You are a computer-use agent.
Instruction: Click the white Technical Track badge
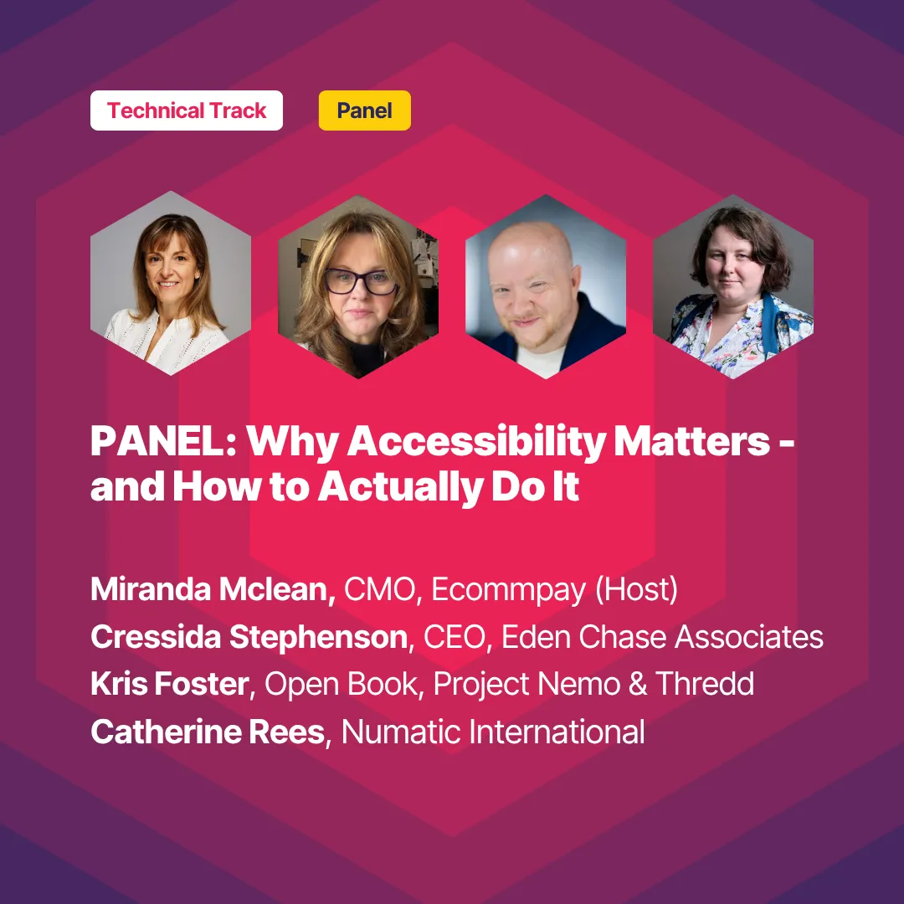[186, 110]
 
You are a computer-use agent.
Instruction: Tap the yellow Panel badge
[364, 110]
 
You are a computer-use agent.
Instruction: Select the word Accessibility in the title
[475, 442]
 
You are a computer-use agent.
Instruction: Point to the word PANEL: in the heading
[163, 441]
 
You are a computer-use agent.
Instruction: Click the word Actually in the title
[400, 488]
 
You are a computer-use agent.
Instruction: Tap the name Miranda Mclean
[213, 589]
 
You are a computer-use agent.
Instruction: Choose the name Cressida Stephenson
[249, 637]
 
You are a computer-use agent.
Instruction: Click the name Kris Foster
[169, 685]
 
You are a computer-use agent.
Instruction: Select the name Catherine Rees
[208, 732]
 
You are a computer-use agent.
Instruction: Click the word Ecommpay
[509, 590]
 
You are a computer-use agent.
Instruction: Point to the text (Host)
[636, 590]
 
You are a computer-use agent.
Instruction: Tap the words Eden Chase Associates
[662, 637]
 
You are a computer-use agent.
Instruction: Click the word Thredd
[705, 685]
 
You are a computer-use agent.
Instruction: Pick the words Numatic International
[493, 732]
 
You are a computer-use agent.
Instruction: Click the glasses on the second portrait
[361, 282]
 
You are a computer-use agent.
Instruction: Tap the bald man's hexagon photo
[546, 286]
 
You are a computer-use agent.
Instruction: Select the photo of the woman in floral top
[733, 286]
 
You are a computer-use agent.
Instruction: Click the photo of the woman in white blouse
[171, 283]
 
